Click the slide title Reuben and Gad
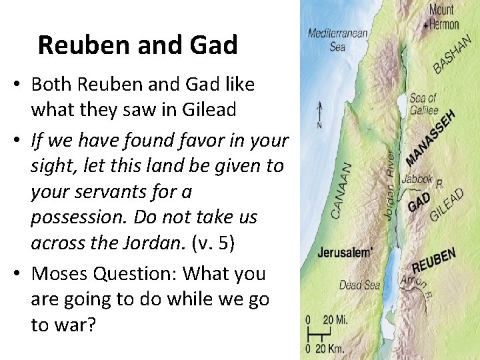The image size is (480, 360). [137, 45]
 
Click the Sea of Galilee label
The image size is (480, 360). [424, 105]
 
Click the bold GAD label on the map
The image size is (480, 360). [419, 202]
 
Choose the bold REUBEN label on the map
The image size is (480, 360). [433, 261]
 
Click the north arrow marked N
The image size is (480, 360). [320, 115]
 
